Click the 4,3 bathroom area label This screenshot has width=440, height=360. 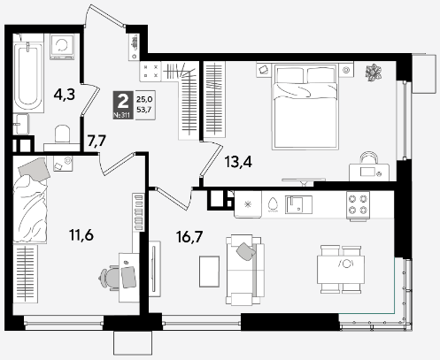pyautogui.click(x=65, y=95)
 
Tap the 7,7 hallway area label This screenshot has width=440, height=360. pyautogui.click(x=96, y=141)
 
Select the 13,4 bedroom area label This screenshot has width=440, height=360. pyautogui.click(x=238, y=162)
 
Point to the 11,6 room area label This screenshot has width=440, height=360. pyautogui.click(x=81, y=235)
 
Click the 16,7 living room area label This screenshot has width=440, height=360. pyautogui.click(x=189, y=237)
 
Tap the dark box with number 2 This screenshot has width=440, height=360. pyautogui.click(x=123, y=105)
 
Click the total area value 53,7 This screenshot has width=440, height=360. pyautogui.click(x=144, y=110)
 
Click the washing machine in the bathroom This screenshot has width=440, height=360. pyautogui.click(x=62, y=47)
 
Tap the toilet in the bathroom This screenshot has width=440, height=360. pyautogui.click(x=62, y=134)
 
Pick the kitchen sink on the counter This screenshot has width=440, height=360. pyautogui.click(x=298, y=204)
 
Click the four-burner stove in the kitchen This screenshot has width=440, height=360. pyautogui.click(x=358, y=205)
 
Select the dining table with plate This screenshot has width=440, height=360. pyautogui.click(x=341, y=270)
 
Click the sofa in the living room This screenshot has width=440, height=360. pyautogui.click(x=244, y=270)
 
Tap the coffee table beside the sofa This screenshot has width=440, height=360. pyautogui.click(x=209, y=272)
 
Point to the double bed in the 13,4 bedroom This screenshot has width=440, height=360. pyautogui.click(x=305, y=106)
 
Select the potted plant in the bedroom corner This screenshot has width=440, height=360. pyautogui.click(x=374, y=73)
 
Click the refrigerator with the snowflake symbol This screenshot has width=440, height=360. pyautogui.click(x=248, y=204)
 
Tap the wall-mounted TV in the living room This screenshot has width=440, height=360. pyautogui.click(x=153, y=269)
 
